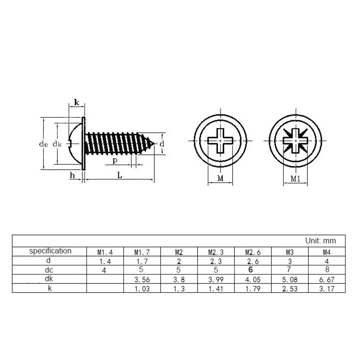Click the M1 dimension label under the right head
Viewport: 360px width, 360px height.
tap(295, 179)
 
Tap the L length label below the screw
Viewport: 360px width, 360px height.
tap(120, 175)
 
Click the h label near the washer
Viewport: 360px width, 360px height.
tap(72, 175)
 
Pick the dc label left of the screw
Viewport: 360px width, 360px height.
tap(43, 144)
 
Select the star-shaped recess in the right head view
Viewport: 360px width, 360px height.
tap(295, 141)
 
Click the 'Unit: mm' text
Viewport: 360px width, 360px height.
tap(320, 241)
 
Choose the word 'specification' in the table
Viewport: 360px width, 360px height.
tap(50, 251)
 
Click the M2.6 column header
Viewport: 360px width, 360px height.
tap(251, 252)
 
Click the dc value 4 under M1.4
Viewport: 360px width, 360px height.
tap(104, 270)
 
